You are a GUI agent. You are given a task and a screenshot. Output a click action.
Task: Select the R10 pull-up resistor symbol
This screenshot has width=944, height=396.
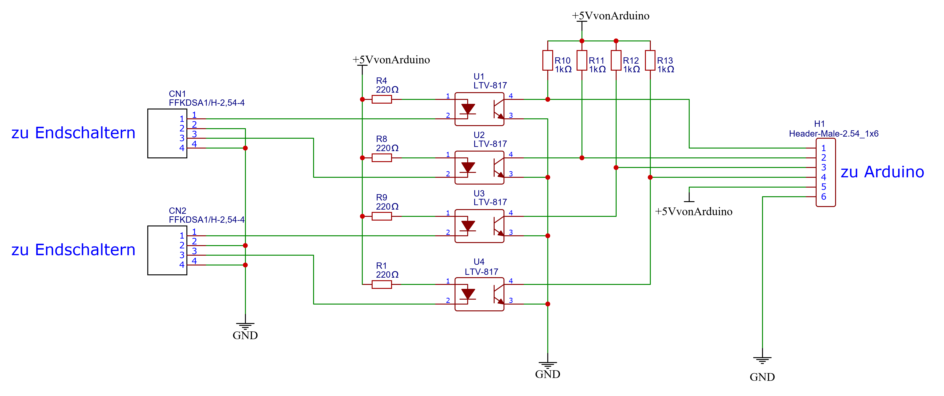click(x=548, y=60)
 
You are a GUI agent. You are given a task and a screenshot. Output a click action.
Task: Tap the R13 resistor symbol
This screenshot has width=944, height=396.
click(x=650, y=60)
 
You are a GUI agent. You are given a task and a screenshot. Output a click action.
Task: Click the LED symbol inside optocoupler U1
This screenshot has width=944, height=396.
click(x=468, y=109)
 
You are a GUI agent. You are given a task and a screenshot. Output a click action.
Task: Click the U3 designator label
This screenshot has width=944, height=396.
click(x=479, y=193)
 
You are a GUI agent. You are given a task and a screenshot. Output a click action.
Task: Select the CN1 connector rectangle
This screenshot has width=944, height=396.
click(x=167, y=133)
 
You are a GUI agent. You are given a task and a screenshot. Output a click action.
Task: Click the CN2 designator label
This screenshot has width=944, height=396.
click(x=177, y=211)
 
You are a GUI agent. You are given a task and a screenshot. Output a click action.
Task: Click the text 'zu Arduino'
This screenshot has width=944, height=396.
click(x=882, y=172)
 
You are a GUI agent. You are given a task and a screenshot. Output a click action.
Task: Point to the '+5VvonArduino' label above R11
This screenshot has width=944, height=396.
click(x=611, y=16)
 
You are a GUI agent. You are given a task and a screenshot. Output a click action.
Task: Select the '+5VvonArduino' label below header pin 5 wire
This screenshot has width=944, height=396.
click(x=693, y=211)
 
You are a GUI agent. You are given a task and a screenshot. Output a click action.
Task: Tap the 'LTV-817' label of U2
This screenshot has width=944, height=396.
click(x=490, y=144)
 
